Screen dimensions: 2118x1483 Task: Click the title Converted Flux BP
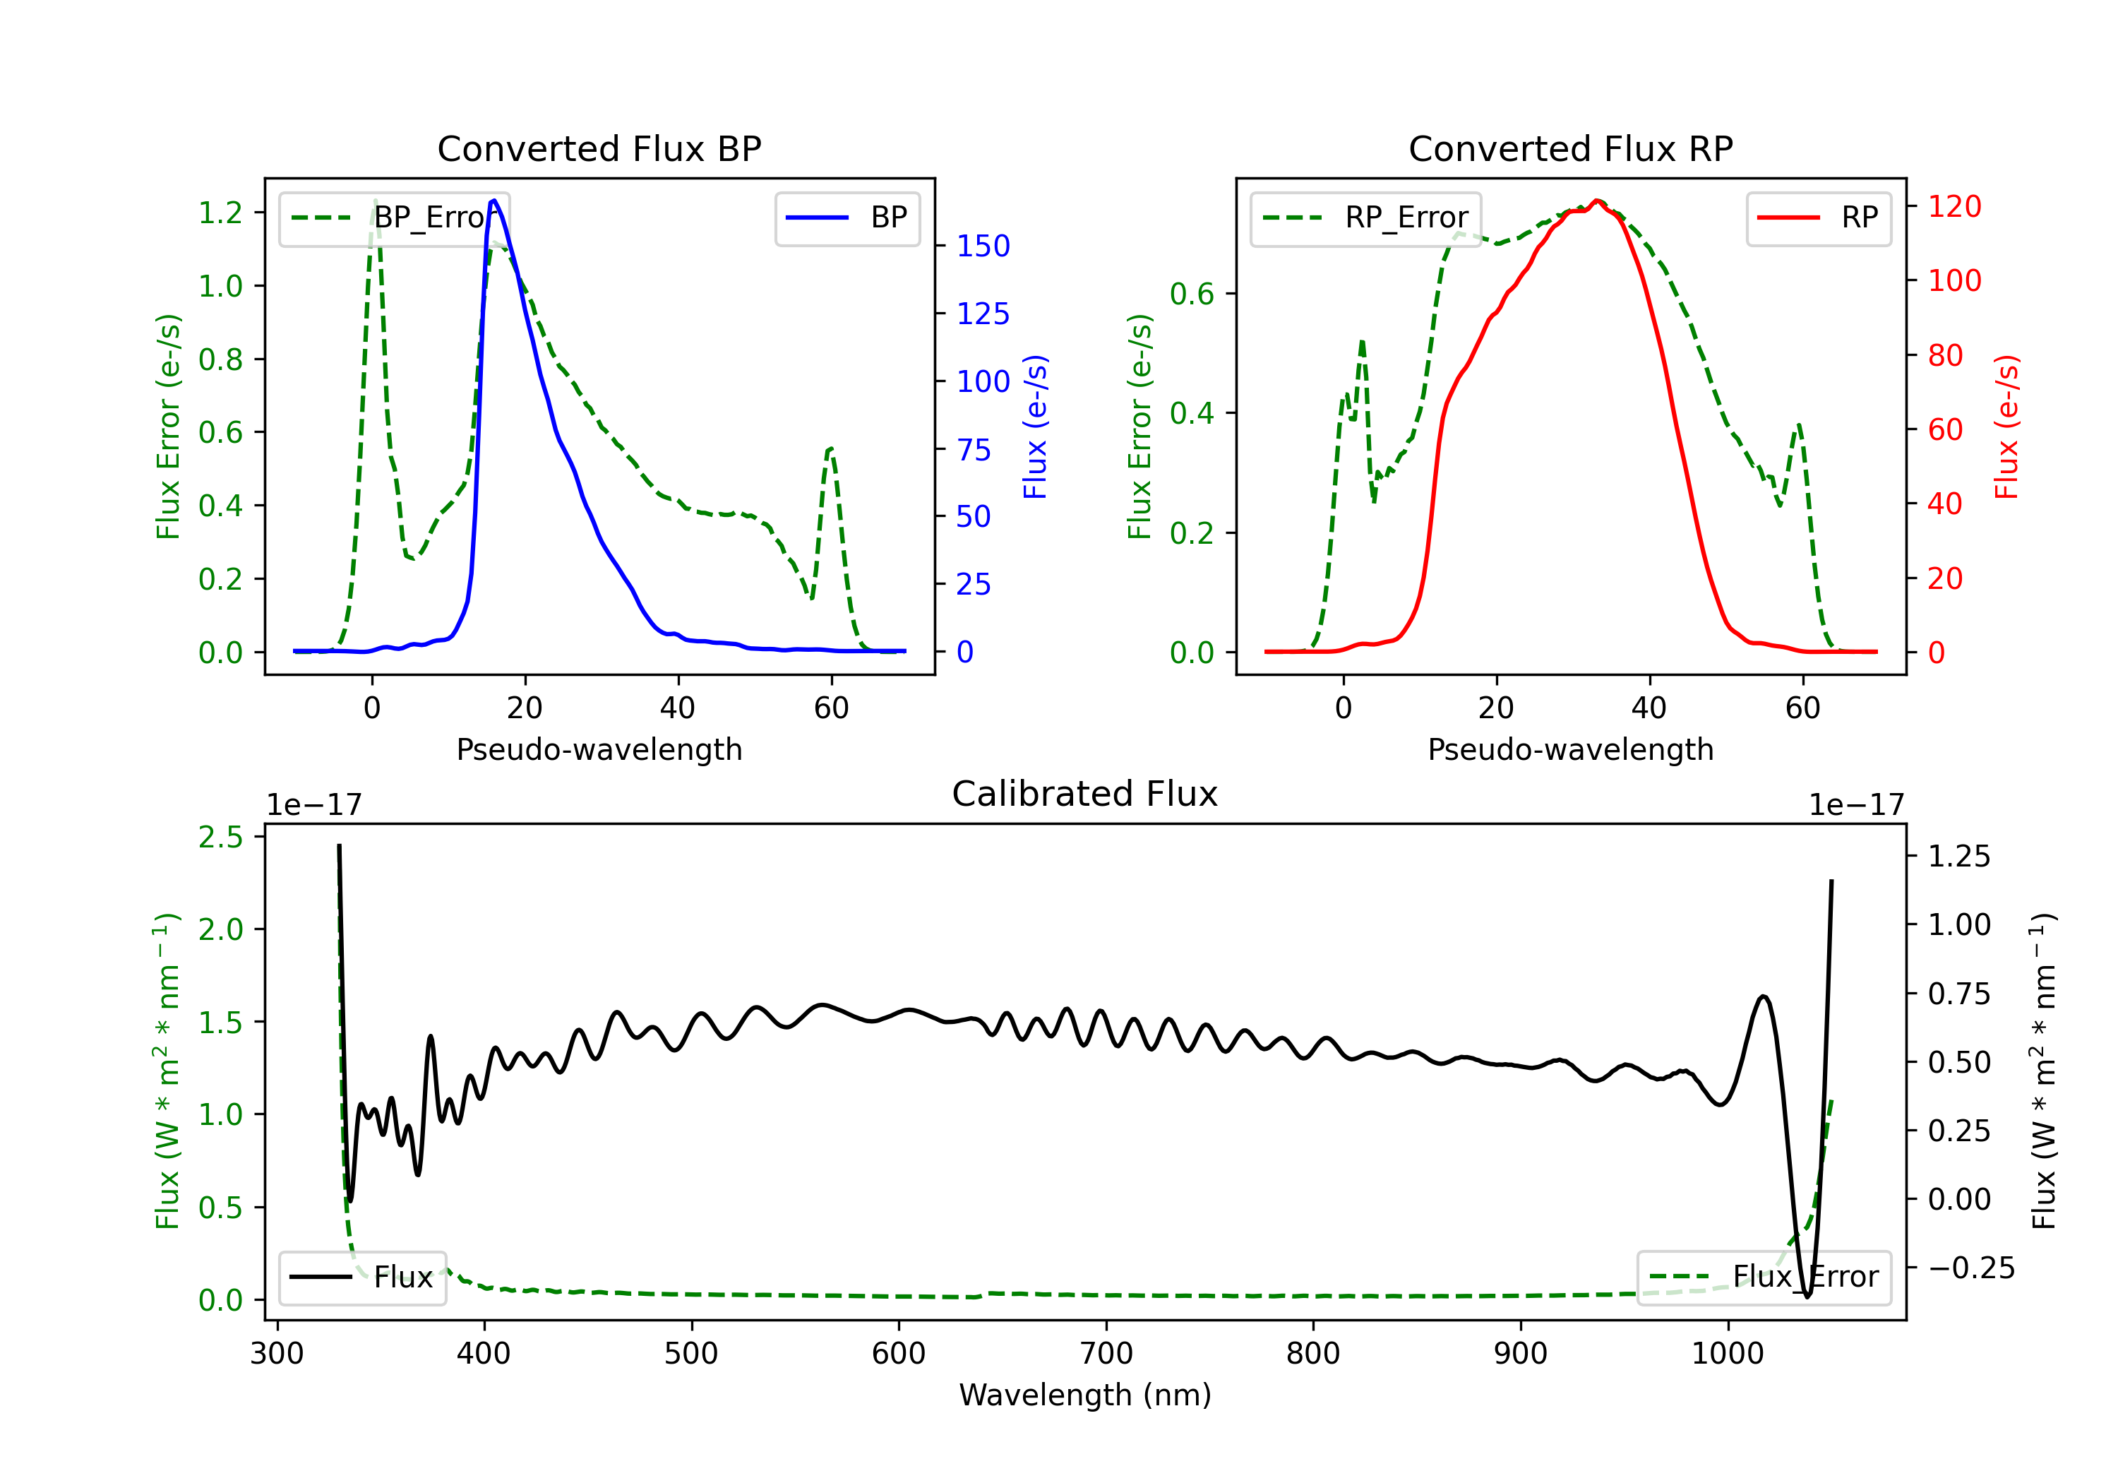coord(599,148)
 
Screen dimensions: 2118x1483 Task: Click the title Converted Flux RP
coord(1571,148)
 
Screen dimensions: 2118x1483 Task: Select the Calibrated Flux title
coord(1085,794)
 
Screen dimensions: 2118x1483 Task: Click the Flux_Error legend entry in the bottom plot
coord(1764,1277)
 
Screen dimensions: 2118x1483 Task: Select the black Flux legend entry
coord(361,1277)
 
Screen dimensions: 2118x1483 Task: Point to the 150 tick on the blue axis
coord(983,246)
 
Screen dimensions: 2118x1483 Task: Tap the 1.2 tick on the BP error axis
coord(220,213)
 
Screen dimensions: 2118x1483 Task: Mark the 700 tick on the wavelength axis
coord(1106,1354)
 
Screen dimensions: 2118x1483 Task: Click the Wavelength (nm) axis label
coord(1085,1395)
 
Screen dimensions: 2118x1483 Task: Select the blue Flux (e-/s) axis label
coord(1036,427)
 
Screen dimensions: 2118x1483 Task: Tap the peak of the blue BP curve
coord(494,201)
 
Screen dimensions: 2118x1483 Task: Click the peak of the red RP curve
coord(1597,201)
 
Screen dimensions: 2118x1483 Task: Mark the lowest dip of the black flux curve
coord(1807,1297)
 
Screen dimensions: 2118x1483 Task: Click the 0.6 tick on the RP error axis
coord(1192,294)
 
